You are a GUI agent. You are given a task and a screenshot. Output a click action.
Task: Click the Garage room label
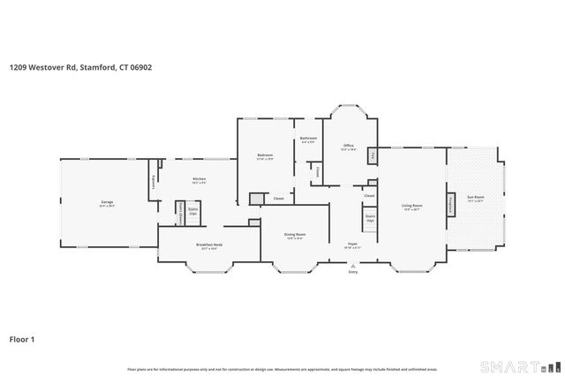(x=107, y=203)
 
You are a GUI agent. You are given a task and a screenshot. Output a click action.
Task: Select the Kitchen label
(x=199, y=179)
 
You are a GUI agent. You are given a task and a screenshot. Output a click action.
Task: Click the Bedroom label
(x=265, y=155)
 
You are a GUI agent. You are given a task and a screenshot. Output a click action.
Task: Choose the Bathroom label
(x=308, y=139)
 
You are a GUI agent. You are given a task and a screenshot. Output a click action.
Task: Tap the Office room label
(x=348, y=146)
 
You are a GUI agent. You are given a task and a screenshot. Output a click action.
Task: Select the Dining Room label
(x=294, y=234)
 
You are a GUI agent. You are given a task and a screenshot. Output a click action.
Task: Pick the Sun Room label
(x=476, y=198)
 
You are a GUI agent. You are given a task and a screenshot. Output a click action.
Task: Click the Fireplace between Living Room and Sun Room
(x=451, y=206)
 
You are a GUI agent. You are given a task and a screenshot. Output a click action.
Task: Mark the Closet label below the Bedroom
(x=278, y=199)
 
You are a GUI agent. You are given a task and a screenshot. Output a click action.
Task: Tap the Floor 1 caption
(x=23, y=338)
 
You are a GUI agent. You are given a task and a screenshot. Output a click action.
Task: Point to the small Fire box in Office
(x=373, y=157)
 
